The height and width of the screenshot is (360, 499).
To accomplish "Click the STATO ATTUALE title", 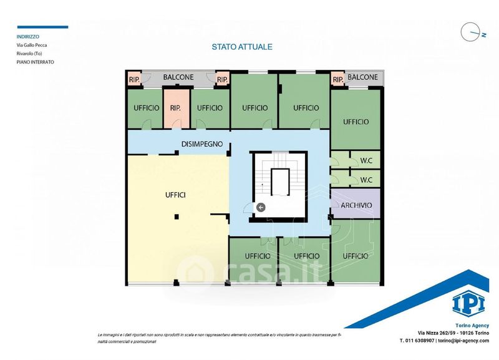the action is tap(242, 47).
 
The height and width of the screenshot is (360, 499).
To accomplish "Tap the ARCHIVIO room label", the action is tap(356, 205).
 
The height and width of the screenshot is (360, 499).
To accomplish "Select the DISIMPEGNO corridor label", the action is tap(201, 144).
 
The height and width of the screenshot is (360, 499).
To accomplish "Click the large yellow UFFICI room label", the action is tap(175, 195).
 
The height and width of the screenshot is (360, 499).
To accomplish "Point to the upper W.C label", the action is tap(366, 161).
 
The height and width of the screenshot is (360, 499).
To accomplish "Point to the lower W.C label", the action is tap(366, 180).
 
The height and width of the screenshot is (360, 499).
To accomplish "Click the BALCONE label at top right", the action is tap(362, 77).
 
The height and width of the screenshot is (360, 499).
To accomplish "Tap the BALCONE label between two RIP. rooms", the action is tap(178, 77).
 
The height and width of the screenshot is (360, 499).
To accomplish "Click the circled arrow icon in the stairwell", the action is tap(261, 208).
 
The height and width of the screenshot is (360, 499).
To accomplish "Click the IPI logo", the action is tap(468, 304).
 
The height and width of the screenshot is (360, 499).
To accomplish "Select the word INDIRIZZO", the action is tap(28, 37).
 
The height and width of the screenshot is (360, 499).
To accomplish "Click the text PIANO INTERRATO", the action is tap(36, 62).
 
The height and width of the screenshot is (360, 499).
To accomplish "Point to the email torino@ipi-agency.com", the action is tap(463, 340).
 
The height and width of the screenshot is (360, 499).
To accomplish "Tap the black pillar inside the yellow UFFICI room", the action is tap(177, 217).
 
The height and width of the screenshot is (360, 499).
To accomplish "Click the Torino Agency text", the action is tap(472, 325).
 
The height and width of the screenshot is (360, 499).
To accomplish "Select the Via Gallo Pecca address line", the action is tap(32, 45).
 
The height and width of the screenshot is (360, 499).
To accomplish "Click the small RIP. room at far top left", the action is tap(134, 79).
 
